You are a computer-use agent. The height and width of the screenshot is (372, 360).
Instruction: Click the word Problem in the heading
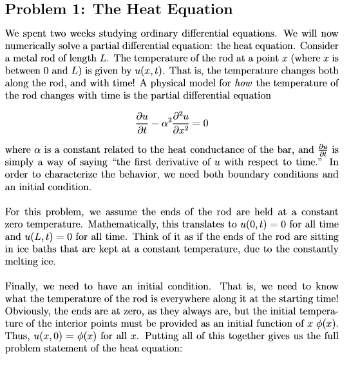coord(38,10)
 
